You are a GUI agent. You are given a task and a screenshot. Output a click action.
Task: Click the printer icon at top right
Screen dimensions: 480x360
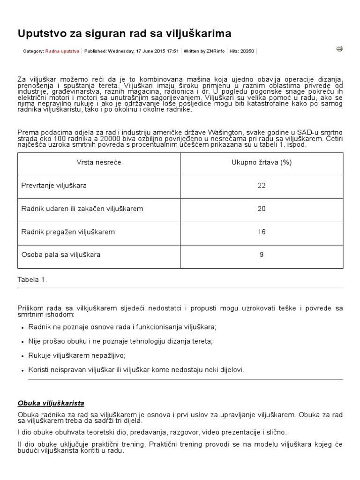[340, 48]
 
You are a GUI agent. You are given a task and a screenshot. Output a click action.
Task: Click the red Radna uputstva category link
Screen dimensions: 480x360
[62, 51]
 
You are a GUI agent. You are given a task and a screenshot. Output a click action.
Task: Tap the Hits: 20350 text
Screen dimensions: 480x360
[242, 51]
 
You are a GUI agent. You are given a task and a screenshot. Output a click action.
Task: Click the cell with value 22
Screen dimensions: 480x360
[262, 185]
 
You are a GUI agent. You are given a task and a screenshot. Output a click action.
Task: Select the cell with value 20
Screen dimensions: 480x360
[262, 209]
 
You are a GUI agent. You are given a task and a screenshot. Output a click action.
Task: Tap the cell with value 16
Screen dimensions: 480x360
[262, 232]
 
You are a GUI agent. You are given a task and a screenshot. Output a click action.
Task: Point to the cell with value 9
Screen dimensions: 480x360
[262, 255]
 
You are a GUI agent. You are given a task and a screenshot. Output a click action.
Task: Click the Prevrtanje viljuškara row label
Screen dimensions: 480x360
[54, 185]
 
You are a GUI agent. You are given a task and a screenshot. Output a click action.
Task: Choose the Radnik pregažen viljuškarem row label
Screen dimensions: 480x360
[68, 232]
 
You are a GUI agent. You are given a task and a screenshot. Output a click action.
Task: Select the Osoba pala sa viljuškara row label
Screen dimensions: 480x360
[61, 255]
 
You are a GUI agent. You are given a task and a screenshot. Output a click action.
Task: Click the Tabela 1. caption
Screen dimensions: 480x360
[32, 279]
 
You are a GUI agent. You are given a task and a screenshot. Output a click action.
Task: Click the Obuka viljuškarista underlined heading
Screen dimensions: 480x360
[51, 403]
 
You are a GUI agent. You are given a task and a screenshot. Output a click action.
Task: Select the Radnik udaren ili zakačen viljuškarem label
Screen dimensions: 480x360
[82, 209]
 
